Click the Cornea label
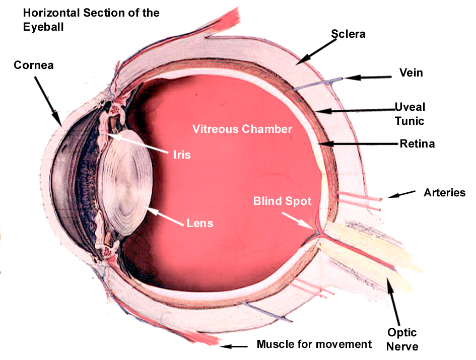(33, 65)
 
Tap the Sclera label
(348, 34)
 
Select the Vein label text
(411, 73)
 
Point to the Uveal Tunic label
(410, 114)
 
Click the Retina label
(417, 144)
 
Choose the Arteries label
(444, 192)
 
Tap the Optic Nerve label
(402, 339)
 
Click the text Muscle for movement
(314, 344)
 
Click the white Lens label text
(200, 223)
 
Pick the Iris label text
(182, 155)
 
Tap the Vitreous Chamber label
(242, 129)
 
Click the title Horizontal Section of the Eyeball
(91, 20)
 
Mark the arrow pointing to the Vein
(368, 78)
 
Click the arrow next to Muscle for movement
(234, 346)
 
